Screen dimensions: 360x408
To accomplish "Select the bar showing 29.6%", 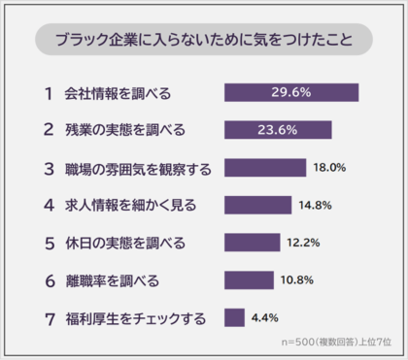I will coord(291,93).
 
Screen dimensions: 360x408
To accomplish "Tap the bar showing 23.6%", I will coord(278,130).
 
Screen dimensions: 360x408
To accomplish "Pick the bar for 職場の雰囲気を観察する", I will coord(265,168).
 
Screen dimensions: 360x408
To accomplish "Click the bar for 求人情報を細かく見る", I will coord(257,205).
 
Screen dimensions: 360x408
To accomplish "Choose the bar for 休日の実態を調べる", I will coord(252,243).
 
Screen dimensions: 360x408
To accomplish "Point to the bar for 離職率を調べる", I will coord(249,280).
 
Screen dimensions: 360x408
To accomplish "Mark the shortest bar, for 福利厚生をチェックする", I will coord(234,317).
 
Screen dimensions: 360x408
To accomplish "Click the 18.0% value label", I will coord(330,168).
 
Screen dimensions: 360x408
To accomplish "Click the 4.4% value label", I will coord(265,317).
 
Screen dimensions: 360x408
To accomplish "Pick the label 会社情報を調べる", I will coord(119,93).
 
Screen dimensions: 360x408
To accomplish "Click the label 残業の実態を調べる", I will coord(125,130).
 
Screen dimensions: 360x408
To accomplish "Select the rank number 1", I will coord(48,93).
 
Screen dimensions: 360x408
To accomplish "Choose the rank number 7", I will coord(48,317).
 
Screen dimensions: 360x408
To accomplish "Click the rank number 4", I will coord(48,205).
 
